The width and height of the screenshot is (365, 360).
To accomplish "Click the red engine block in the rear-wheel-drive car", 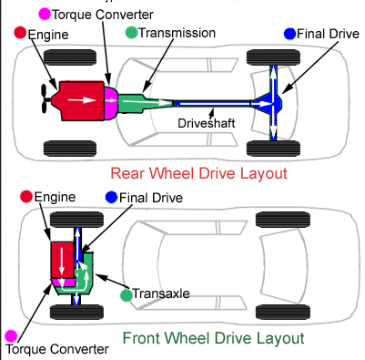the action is point(80,101).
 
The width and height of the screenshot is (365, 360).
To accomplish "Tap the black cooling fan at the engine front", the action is point(45,99).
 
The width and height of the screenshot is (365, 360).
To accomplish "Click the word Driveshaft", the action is point(207,123).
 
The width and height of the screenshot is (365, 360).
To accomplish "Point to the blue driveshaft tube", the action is point(212,104).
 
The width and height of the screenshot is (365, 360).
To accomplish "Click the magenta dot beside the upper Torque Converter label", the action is point(45,14).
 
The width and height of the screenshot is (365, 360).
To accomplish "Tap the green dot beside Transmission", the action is point(131,33).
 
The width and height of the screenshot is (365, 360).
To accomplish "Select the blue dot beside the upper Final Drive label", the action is point(289,34).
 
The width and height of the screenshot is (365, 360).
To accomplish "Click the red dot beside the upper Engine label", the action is point(20,33).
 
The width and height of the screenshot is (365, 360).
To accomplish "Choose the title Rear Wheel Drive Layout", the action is point(198,173).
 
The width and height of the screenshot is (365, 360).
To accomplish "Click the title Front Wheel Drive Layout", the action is point(213,338).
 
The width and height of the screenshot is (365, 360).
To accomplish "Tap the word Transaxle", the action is point(161,293).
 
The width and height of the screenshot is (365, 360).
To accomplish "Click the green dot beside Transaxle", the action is point(127,295).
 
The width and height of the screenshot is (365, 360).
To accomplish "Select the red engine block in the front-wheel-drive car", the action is point(62,260).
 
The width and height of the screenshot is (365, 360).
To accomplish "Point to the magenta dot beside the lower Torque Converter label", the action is point(11,335).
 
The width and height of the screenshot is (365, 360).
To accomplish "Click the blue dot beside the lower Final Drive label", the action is point(111,198).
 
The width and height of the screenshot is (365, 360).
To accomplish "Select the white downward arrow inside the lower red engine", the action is point(62,259).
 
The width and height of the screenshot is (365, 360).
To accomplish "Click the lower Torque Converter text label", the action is point(57,349).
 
